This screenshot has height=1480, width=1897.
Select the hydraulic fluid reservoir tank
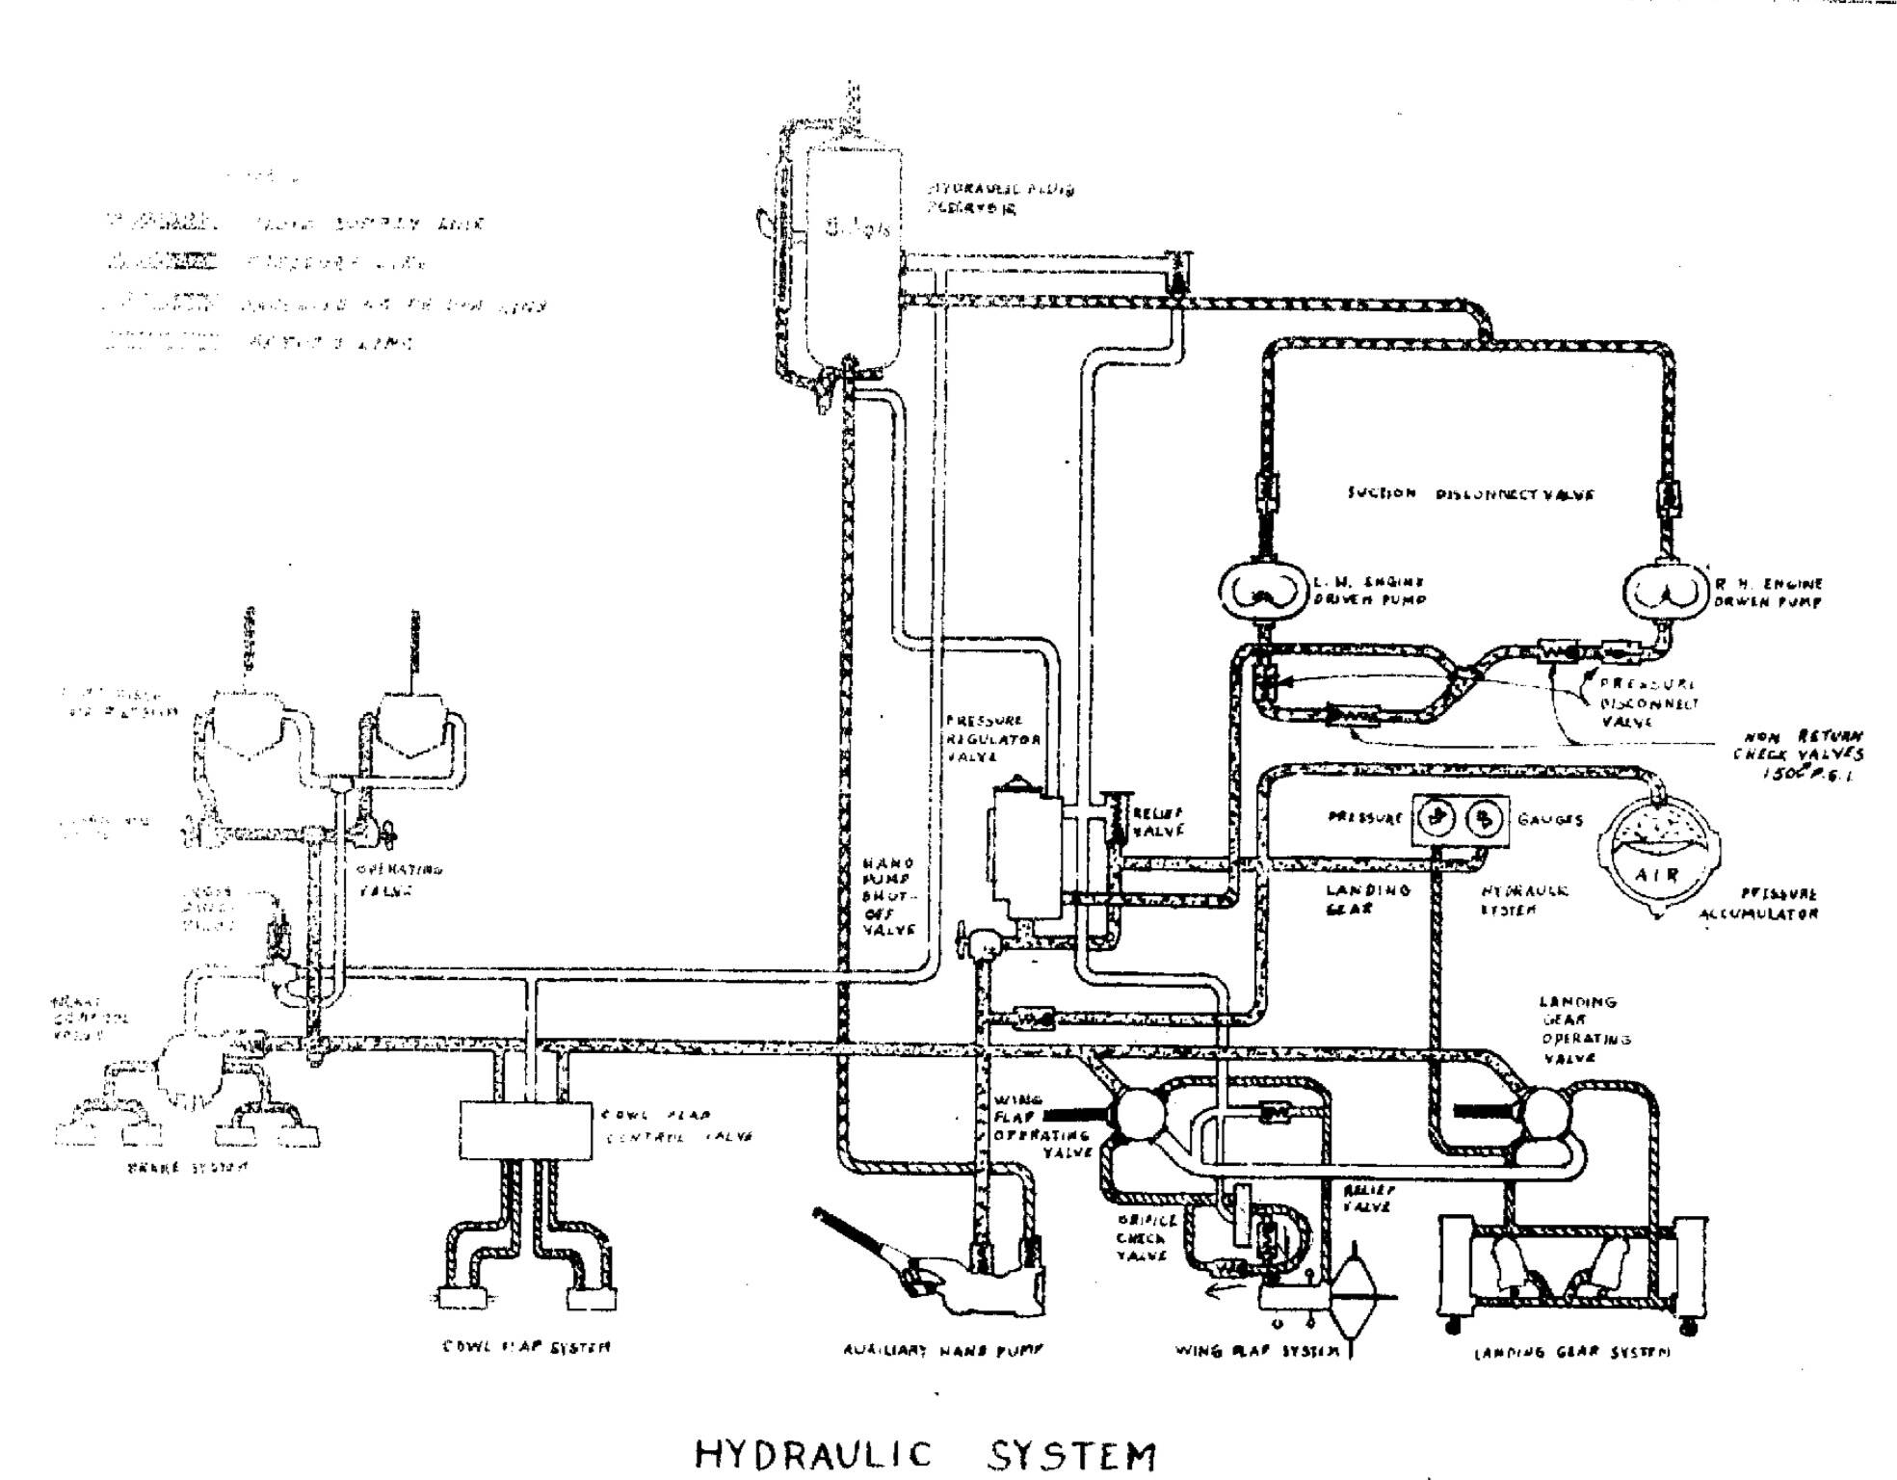point(852,255)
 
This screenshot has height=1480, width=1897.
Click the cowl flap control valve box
point(526,1130)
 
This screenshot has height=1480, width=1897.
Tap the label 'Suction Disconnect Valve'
point(1470,494)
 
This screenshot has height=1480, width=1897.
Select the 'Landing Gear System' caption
point(1572,1353)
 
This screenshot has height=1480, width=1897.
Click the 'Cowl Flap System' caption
point(526,1346)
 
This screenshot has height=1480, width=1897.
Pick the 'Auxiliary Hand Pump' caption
point(942,1350)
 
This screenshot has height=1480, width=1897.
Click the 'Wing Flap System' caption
point(1256,1350)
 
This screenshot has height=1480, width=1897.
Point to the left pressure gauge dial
point(1436,819)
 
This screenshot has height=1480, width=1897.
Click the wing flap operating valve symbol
point(1140,1116)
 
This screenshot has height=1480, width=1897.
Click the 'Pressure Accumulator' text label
point(1759,904)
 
